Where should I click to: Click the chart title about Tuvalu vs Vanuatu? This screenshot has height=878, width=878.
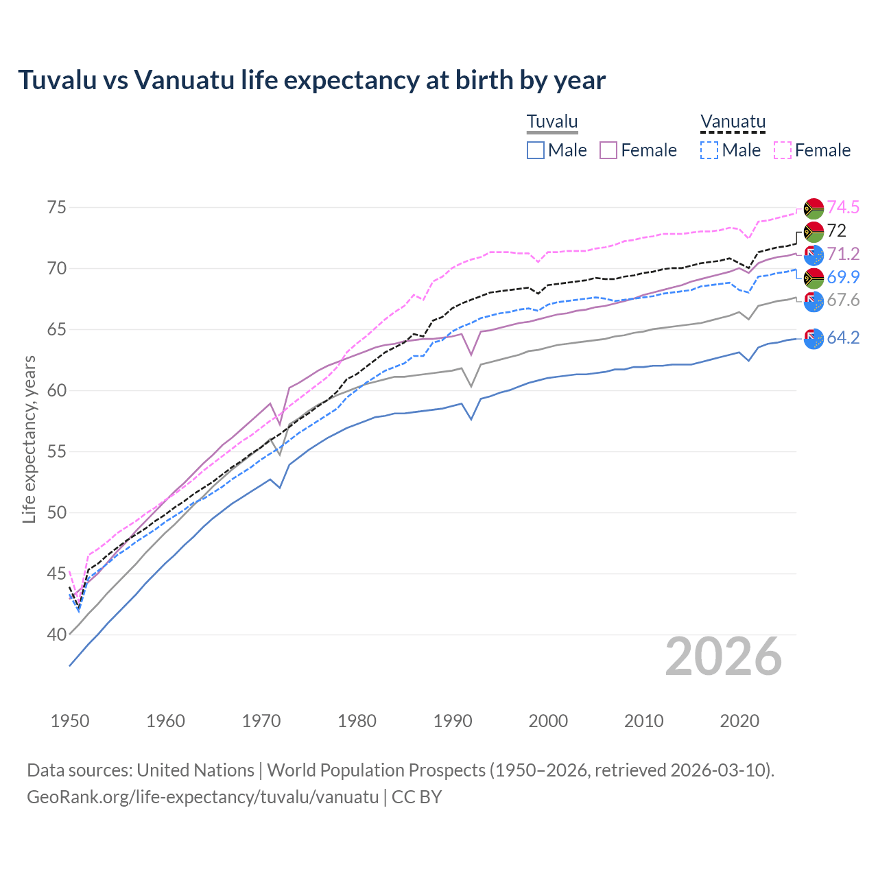(311, 80)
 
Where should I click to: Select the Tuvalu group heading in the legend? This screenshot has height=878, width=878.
(552, 122)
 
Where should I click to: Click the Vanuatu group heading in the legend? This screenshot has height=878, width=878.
(732, 122)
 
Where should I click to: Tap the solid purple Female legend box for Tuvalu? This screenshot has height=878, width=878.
(608, 150)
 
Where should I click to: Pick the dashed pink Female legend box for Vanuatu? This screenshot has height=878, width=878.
(783, 150)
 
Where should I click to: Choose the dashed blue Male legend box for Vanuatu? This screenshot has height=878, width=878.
(709, 150)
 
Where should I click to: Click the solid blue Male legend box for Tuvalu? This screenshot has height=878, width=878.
(536, 150)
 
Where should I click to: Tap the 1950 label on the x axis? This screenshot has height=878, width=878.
(70, 721)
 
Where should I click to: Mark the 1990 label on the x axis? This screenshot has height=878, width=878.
(452, 721)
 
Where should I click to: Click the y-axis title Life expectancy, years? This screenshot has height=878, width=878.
(29, 439)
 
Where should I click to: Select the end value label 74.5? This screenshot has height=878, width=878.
(843, 207)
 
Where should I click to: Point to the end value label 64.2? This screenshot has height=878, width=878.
(843, 337)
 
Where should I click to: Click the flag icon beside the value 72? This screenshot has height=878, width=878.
(814, 232)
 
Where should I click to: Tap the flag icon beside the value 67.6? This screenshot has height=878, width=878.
(814, 301)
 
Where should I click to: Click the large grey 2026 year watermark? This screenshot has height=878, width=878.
(723, 656)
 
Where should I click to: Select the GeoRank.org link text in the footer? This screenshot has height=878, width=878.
(202, 797)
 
